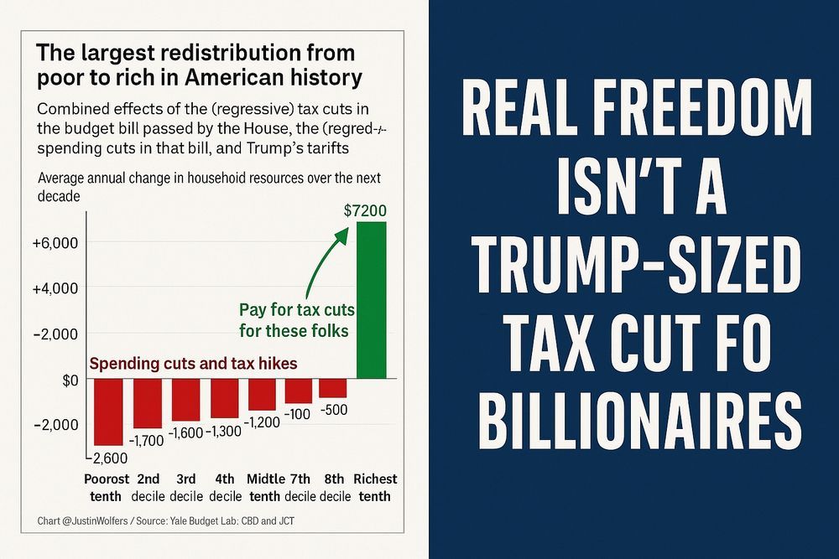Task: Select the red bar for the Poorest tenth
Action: tap(109, 412)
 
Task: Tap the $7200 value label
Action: tap(365, 210)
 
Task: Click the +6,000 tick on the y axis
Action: tap(55, 242)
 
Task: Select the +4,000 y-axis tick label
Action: tap(55, 287)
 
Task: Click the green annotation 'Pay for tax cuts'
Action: tap(293, 308)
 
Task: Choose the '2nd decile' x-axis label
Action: tap(148, 487)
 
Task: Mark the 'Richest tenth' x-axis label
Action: tap(374, 487)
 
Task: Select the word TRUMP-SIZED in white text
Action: tap(634, 266)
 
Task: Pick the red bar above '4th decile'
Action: tap(224, 398)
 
